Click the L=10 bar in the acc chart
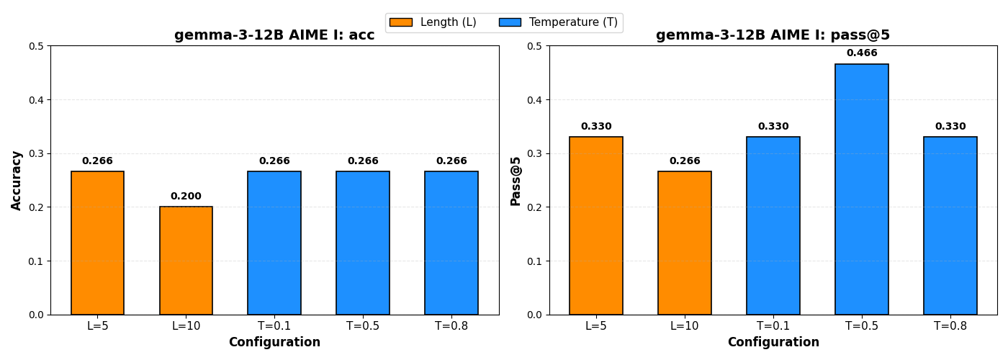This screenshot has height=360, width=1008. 186,261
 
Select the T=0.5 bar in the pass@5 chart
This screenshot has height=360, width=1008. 862,189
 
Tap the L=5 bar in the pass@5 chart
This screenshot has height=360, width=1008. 596,225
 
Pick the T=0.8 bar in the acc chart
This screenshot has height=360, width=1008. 451,243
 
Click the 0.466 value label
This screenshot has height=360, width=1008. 862,53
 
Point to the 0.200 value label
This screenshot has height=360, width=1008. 186,197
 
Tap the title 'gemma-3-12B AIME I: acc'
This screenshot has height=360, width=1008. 274,35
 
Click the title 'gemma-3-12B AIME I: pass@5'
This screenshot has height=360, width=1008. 773,35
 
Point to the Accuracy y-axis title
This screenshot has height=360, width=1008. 17,180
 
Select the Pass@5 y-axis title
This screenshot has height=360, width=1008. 516,180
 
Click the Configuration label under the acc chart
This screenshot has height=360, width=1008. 274,343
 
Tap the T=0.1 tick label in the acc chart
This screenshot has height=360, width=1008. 274,326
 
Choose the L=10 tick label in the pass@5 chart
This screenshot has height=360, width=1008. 685,326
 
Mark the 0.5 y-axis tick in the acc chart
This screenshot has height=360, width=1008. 36,46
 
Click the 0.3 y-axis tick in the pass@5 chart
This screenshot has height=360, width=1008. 535,153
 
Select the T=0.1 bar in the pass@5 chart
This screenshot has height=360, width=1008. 773,225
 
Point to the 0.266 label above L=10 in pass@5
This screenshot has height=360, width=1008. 685,161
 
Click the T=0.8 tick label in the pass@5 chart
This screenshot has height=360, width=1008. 950,326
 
